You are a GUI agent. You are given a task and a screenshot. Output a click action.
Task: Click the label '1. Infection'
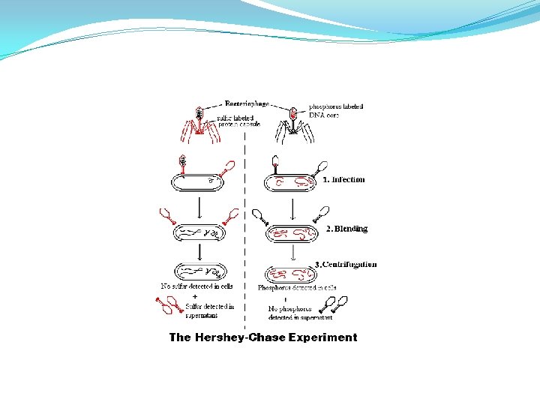tap(343, 180)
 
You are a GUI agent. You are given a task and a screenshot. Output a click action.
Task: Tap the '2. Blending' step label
tap(346, 229)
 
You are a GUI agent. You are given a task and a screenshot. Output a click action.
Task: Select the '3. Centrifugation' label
tap(346, 264)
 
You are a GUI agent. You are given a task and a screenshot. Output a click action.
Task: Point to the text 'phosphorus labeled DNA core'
tap(336, 110)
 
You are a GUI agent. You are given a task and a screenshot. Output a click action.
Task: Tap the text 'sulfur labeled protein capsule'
tap(238, 121)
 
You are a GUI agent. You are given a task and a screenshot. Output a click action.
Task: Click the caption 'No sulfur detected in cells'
tap(197, 286)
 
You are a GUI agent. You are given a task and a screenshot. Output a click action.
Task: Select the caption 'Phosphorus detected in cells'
tap(297, 287)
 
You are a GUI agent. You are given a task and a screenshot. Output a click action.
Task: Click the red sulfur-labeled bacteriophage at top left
tap(199, 124)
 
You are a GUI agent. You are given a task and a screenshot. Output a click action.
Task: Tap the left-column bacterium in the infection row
tap(199, 182)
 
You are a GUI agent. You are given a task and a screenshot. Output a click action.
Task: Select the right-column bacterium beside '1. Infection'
tap(292, 182)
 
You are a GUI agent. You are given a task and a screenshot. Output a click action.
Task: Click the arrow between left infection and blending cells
tap(198, 206)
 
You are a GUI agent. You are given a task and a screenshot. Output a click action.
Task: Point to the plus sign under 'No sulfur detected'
tap(184, 296)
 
